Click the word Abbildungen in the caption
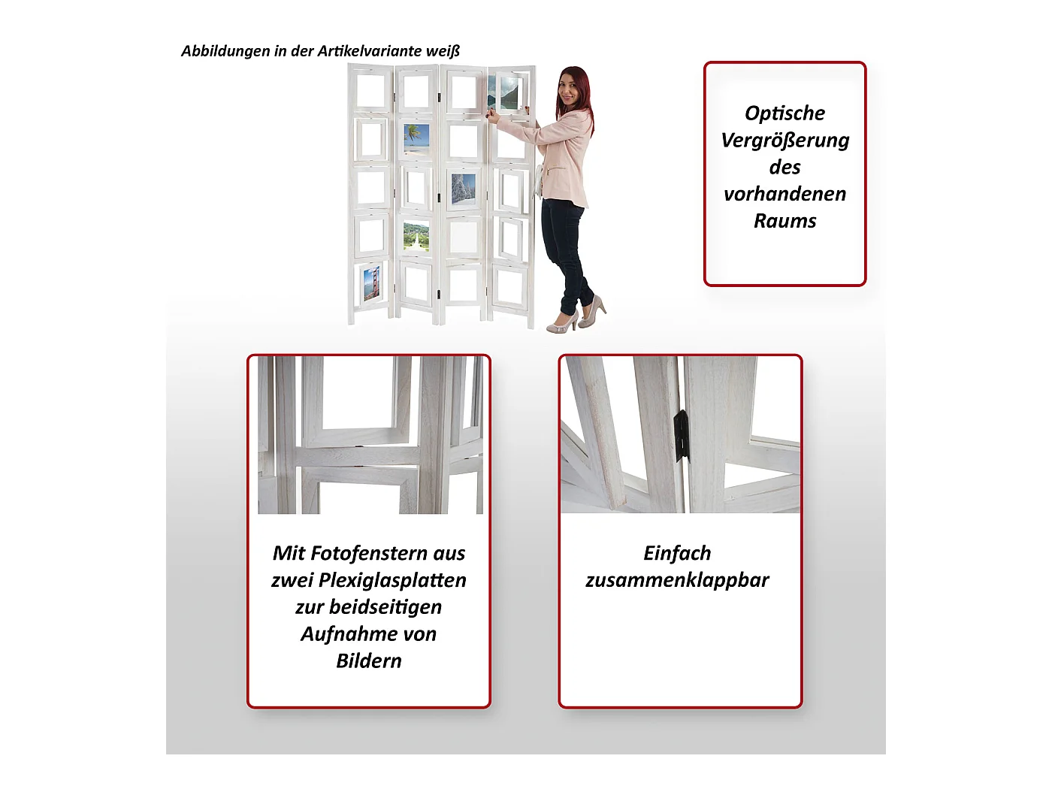[225, 51]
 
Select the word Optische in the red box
[784, 113]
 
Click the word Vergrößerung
[784, 141]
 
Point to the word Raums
[784, 221]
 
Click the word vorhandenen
[784, 194]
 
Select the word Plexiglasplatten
[391, 581]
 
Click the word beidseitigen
[385, 607]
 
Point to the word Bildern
[368, 661]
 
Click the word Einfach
[677, 553]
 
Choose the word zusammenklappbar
[677, 581]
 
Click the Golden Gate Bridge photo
[372, 283]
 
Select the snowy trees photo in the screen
[463, 189]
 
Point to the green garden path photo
[416, 236]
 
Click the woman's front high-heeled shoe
[563, 323]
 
